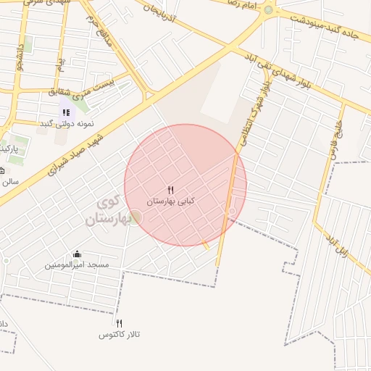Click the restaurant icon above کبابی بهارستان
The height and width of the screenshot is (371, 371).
171,190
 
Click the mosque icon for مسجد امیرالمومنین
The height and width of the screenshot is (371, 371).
77,254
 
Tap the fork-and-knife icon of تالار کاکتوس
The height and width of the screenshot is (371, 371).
120,323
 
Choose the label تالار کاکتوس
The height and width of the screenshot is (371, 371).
120,335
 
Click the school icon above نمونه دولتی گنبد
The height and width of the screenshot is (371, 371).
66,112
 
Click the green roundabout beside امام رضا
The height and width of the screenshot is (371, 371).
269,10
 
